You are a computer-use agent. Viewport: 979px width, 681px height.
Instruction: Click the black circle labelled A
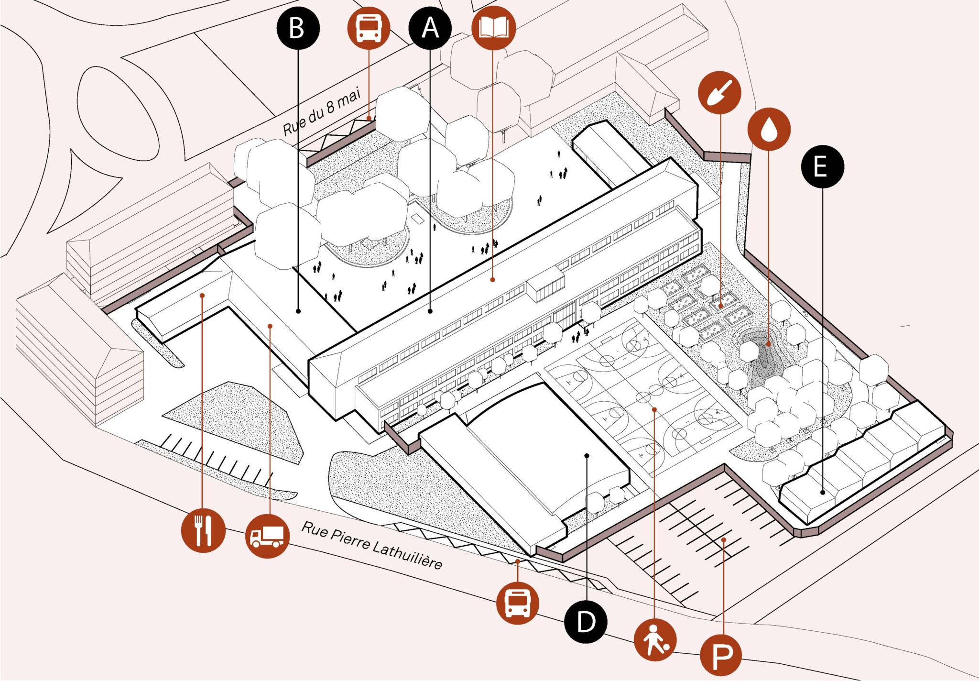(x=430, y=28)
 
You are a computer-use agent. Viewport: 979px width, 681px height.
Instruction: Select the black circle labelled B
(x=298, y=28)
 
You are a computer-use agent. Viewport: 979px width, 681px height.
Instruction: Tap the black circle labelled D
(x=586, y=622)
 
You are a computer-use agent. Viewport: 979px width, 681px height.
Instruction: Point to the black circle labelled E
(x=822, y=166)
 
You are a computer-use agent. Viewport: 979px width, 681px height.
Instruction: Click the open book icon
(x=493, y=28)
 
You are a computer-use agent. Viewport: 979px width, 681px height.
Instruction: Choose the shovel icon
(x=719, y=92)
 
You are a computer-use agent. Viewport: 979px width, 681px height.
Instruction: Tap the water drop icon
(x=769, y=129)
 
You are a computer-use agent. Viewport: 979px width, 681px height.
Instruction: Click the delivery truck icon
(x=267, y=536)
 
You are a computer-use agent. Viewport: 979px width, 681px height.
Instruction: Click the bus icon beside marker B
(x=369, y=28)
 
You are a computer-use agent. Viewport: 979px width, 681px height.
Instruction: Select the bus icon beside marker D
(x=518, y=603)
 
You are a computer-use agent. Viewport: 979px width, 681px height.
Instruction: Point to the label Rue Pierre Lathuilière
(x=372, y=545)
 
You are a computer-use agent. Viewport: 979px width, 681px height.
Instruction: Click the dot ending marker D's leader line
(x=587, y=456)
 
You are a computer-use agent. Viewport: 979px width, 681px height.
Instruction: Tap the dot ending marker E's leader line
(x=823, y=492)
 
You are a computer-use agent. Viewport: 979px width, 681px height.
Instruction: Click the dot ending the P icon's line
(x=724, y=540)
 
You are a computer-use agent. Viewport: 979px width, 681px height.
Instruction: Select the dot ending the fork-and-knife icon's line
(x=202, y=296)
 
